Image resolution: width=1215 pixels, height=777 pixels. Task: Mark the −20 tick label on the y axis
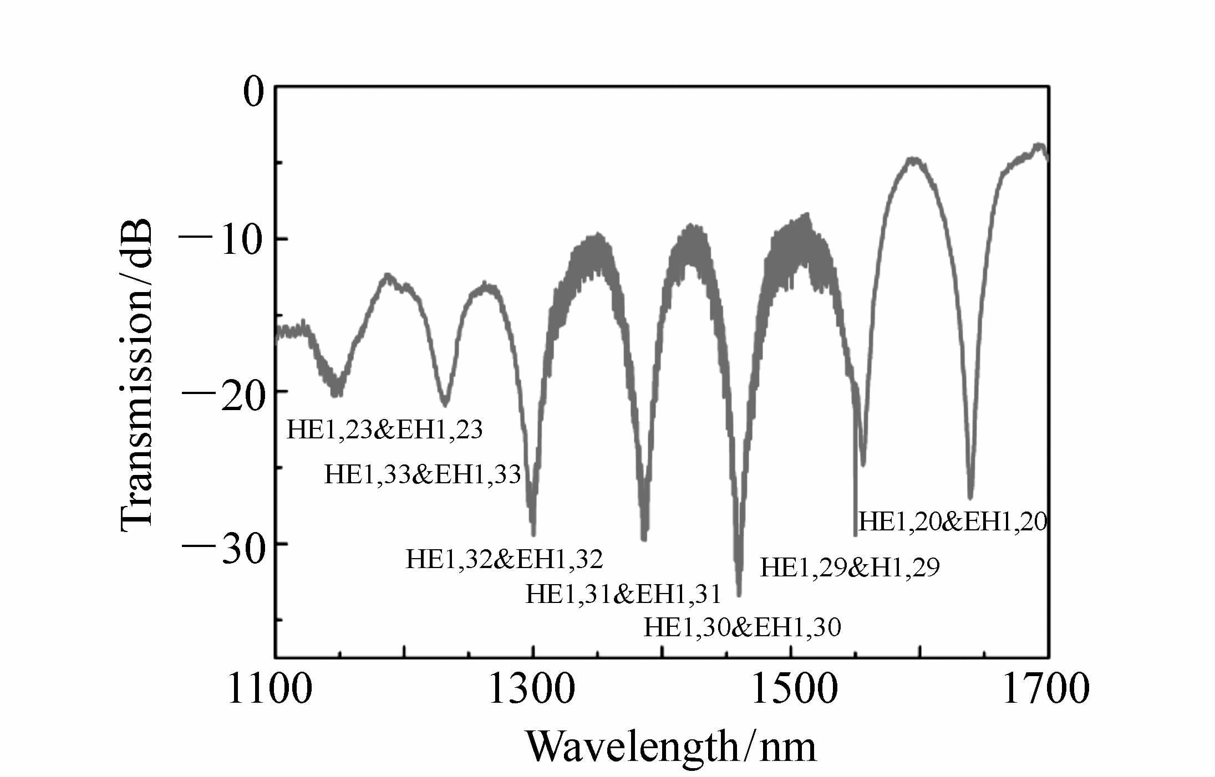coord(220,395)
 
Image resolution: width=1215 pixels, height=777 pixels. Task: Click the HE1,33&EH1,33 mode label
coord(423,475)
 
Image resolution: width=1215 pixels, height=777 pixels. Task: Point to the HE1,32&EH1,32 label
coord(504,560)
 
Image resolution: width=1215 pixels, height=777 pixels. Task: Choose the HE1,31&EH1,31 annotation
coord(623,594)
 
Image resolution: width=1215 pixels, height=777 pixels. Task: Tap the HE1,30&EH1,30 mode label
coord(742,627)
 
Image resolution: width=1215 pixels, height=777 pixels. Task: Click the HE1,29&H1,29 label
coord(850,568)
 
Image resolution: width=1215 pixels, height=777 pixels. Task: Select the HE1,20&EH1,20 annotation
coord(953,522)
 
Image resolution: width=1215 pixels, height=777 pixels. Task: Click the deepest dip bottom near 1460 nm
coord(739,594)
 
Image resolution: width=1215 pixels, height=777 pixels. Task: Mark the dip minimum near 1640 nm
coord(970,497)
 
